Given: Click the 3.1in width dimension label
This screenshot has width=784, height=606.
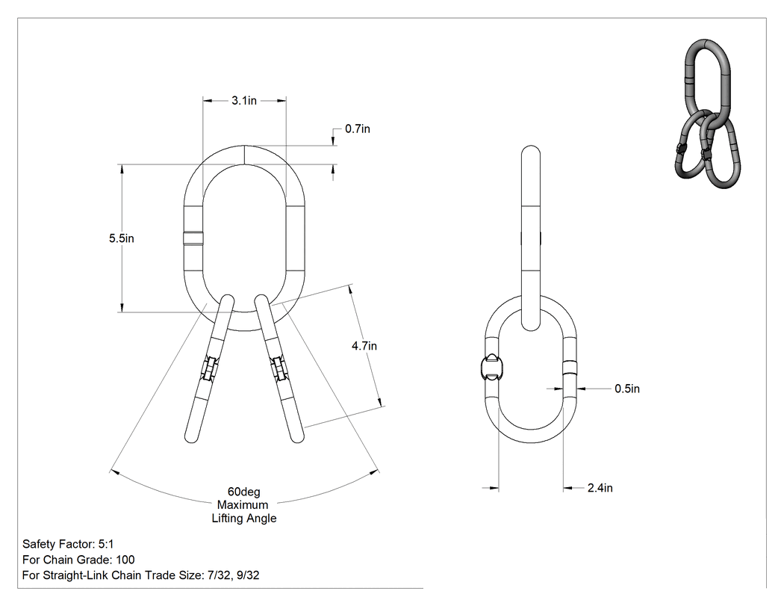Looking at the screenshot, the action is click(x=244, y=101).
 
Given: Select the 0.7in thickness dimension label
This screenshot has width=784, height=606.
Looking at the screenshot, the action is click(x=358, y=129).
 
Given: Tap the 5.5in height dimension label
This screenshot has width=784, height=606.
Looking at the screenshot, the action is click(x=122, y=238).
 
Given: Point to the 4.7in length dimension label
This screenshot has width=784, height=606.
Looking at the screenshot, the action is click(x=364, y=346).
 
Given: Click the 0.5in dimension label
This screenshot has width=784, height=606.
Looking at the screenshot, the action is click(x=627, y=389).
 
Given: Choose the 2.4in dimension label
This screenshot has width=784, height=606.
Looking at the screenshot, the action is click(x=600, y=488).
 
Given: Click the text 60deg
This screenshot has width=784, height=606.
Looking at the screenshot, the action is click(x=244, y=492).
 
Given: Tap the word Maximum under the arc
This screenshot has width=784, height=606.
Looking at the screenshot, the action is click(x=243, y=505).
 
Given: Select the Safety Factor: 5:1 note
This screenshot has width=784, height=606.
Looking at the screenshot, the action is click(x=68, y=544).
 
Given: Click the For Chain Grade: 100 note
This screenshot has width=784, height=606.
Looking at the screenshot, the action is click(x=78, y=560).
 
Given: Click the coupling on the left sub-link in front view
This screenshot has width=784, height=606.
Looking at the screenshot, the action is click(x=208, y=370).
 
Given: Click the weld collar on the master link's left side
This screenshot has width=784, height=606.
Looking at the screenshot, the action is click(x=193, y=238).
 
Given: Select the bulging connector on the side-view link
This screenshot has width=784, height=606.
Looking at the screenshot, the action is click(x=491, y=369).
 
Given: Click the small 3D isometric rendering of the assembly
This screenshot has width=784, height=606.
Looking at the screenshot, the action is click(x=707, y=113).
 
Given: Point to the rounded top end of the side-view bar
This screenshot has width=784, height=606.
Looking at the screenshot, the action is click(x=530, y=150).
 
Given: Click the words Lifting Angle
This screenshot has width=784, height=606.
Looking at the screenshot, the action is click(x=244, y=519).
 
